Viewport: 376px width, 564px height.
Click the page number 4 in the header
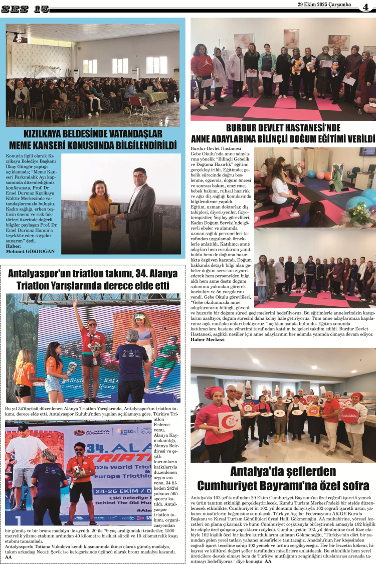coord(366,7)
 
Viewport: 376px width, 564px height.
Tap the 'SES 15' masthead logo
coord(25,9)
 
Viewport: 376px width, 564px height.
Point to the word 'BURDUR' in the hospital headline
coord(245,127)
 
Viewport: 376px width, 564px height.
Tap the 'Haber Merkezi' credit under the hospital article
coord(208,339)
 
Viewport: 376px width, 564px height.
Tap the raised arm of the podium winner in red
coord(76,309)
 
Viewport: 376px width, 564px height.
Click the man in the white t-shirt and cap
coord(26,454)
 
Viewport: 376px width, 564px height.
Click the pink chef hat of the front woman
coord(214,392)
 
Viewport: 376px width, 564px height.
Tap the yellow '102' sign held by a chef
coord(313,411)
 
